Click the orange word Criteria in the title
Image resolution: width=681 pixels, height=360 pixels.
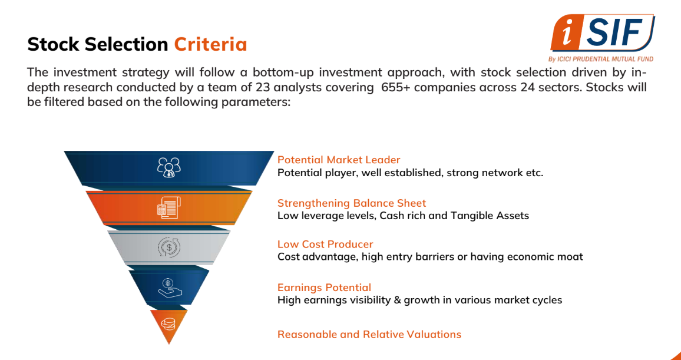pyautogui.click(x=211, y=44)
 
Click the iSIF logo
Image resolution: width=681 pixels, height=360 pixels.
pyautogui.click(x=603, y=34)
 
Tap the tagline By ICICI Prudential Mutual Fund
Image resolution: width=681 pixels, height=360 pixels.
pyautogui.click(x=601, y=59)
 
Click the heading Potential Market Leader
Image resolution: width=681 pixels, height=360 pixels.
pyautogui.click(x=339, y=160)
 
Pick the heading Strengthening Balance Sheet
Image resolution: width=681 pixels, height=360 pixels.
pyautogui.click(x=352, y=203)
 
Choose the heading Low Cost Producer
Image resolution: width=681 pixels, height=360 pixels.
pyautogui.click(x=325, y=244)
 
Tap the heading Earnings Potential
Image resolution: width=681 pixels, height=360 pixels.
pyautogui.click(x=325, y=288)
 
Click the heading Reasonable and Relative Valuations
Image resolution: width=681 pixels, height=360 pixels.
pyautogui.click(x=369, y=335)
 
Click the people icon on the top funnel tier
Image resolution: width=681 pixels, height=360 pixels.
pyautogui.click(x=169, y=167)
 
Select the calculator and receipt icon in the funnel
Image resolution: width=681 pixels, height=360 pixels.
pyautogui.click(x=169, y=207)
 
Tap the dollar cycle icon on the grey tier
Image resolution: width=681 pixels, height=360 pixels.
pyautogui.click(x=169, y=247)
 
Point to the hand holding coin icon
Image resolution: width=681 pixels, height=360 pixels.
pyautogui.click(x=170, y=288)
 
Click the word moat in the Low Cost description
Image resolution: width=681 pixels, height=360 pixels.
pyautogui.click(x=567, y=257)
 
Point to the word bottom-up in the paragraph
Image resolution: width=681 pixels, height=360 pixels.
pyautogui.click(x=283, y=72)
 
